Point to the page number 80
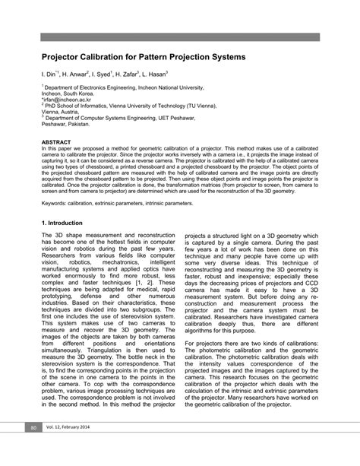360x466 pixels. [33, 449]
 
